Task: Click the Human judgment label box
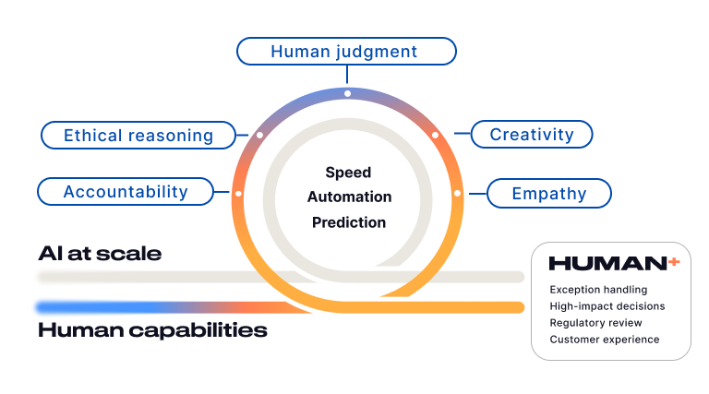tap(346, 52)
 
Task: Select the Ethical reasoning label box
tap(138, 136)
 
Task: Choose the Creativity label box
tap(532, 135)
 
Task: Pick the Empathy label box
tap(549, 193)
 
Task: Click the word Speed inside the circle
tap(348, 173)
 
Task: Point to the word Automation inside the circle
tap(349, 197)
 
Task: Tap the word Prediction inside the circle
tap(349, 222)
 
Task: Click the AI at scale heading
tap(100, 253)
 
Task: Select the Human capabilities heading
tap(152, 329)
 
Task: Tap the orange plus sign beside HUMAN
tap(674, 262)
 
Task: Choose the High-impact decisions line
tap(607, 306)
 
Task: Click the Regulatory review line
tap(595, 323)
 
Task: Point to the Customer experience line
tap(605, 340)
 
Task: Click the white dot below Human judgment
tap(347, 93)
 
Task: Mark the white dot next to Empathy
tap(457, 193)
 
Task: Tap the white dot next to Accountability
tap(238, 194)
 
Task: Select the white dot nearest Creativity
tap(435, 135)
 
